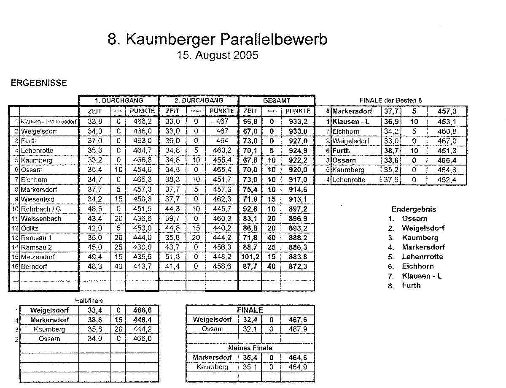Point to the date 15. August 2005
[218, 55]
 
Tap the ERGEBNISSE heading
[39, 83]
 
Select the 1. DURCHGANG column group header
[118, 100]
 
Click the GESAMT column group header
[276, 100]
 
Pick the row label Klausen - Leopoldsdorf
[48, 122]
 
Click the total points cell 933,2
[297, 122]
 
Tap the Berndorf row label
[34, 266]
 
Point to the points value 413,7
[141, 266]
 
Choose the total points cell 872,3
[297, 266]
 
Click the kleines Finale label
[250, 348]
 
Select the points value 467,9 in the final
[297, 329]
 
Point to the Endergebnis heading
[414, 209]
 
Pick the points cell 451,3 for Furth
[447, 151]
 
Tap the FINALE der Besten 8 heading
[390, 100]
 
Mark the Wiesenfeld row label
[38, 199]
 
